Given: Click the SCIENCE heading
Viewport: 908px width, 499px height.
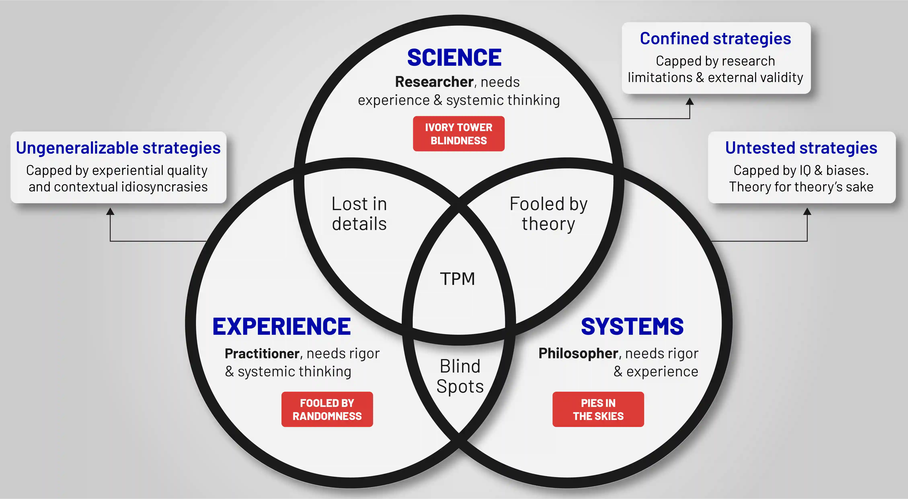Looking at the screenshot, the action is (x=454, y=57).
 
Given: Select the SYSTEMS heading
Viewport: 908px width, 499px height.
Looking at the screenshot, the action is (x=632, y=326).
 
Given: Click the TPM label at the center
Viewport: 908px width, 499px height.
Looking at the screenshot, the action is (x=458, y=279).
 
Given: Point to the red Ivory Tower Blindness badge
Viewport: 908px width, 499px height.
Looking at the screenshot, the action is (x=459, y=134).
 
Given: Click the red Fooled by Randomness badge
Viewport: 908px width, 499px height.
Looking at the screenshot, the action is (x=327, y=409).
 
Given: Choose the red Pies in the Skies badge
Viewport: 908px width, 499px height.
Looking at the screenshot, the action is (x=598, y=409).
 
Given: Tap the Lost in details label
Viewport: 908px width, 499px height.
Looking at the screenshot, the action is (x=359, y=214).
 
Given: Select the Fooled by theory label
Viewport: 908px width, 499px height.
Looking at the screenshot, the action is (x=548, y=214).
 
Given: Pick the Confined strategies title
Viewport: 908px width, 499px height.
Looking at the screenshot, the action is (x=716, y=39).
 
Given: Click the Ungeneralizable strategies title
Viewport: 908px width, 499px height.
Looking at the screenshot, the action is (x=118, y=148).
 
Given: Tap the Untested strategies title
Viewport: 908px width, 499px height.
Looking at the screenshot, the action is (x=801, y=148).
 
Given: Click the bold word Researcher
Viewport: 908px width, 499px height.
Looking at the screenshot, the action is (x=434, y=82).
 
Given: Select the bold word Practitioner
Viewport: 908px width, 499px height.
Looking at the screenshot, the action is (x=262, y=353).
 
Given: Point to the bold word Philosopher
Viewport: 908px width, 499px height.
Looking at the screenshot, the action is (x=578, y=353).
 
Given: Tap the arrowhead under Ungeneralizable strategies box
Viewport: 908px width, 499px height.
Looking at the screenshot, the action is (x=110, y=211).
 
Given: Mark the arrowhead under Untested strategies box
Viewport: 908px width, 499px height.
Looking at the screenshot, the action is (x=807, y=211).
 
